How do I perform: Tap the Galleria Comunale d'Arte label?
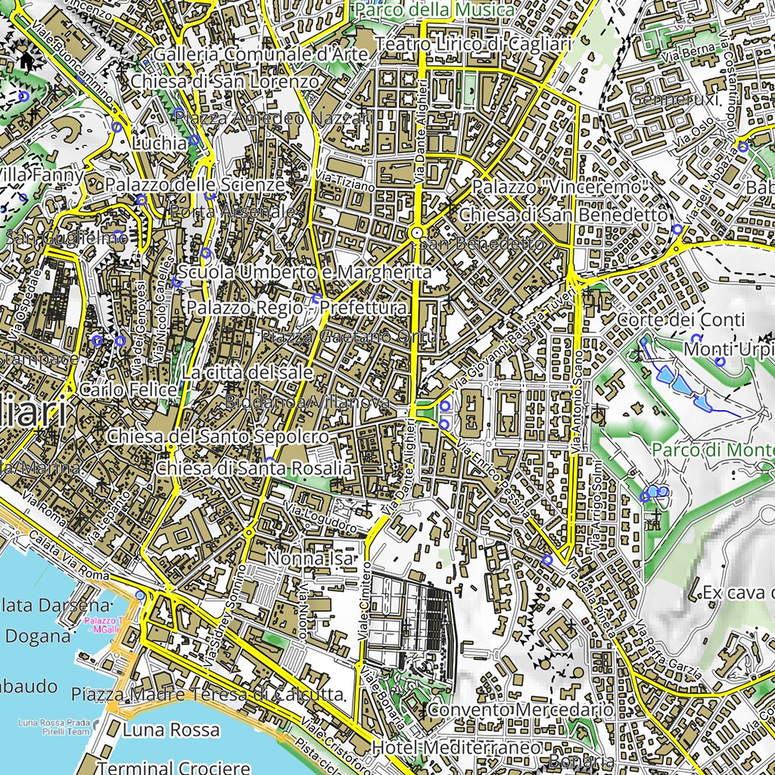[260, 55]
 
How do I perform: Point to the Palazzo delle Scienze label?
[195, 185]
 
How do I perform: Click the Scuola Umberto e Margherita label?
[304, 272]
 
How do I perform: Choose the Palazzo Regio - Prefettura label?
[297, 308]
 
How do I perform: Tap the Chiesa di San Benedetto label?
[563, 215]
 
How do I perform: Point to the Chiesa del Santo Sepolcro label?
[218, 437]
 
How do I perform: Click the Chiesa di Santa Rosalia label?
[254, 469]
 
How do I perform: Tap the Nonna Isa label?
[310, 559]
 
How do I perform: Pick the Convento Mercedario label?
[520, 711]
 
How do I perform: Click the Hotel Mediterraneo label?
[457, 748]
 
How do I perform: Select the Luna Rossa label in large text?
[171, 730]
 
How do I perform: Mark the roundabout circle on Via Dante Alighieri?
[416, 232]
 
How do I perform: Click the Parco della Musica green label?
[434, 10]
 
